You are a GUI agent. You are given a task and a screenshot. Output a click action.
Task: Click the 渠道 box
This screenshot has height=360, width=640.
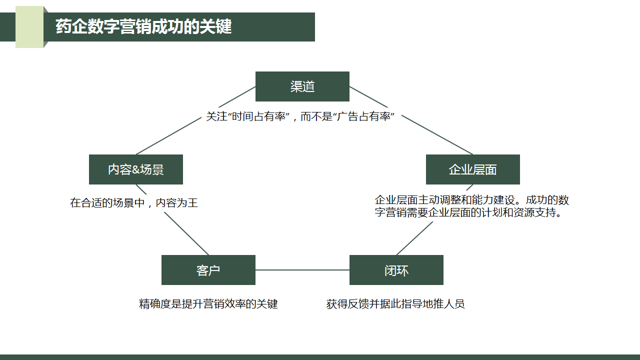[x=302, y=86]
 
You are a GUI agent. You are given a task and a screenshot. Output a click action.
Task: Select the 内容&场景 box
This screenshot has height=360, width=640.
[x=135, y=169]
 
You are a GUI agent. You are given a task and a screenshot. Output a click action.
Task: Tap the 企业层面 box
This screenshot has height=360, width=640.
[x=472, y=169]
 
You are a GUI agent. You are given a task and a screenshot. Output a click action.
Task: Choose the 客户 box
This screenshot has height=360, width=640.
[x=208, y=270]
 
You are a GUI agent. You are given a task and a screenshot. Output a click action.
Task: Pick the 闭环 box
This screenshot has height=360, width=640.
[x=396, y=270]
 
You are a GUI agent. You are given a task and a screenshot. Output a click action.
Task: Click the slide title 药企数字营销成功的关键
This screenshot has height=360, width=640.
[x=143, y=26]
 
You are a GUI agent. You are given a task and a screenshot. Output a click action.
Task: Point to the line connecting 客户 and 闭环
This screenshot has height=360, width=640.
[x=302, y=270]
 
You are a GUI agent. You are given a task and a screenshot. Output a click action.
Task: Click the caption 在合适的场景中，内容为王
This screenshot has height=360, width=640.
[x=134, y=203]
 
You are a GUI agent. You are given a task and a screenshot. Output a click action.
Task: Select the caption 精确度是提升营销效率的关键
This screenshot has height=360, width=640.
[x=208, y=304]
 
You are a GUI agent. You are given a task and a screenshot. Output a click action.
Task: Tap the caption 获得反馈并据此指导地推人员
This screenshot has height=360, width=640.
[x=395, y=304]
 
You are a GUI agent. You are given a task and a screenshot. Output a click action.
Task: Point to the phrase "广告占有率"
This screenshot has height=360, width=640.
[x=363, y=117]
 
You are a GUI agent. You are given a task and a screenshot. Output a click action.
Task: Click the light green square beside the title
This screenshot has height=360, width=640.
[x=29, y=27]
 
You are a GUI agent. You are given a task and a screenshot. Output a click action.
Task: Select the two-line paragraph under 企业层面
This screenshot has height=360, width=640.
[x=471, y=206]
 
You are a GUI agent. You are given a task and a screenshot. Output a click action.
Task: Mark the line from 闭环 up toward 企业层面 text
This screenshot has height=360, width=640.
[x=414, y=238]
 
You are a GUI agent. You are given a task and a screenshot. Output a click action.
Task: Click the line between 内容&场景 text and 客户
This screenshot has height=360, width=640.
[x=186, y=233]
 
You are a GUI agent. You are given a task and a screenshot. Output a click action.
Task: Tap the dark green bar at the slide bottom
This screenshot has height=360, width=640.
[x=320, y=357]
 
